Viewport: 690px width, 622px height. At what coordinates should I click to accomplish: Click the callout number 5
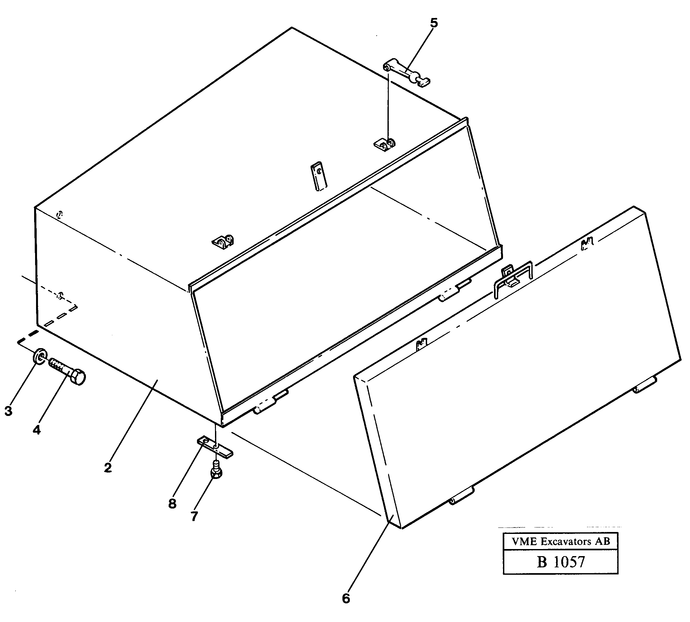pos(434,23)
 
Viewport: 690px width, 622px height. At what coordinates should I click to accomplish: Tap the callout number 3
pos(8,411)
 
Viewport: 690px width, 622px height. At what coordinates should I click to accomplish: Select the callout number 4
pos(37,429)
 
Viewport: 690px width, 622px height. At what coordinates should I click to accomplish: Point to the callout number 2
pos(108,467)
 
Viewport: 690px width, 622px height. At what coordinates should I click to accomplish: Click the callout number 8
pos(172,503)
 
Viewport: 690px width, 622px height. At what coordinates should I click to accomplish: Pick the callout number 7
pos(194,516)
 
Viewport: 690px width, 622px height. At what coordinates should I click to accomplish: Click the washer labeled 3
pos(40,356)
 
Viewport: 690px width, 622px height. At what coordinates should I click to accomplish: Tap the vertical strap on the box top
pos(319,176)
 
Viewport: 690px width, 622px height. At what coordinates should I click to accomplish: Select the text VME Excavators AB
pos(560,541)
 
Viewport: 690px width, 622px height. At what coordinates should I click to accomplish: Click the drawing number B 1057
pos(560,562)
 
